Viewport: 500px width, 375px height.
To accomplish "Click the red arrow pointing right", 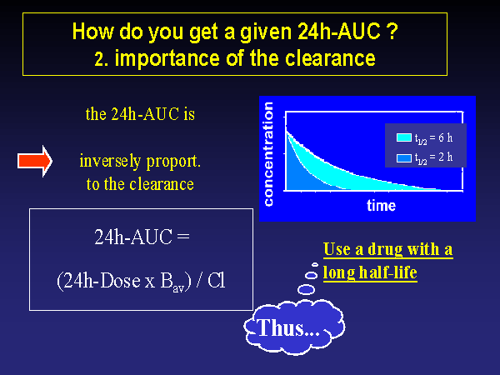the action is coord(35,161).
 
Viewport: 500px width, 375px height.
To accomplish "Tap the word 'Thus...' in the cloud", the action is coord(288,327).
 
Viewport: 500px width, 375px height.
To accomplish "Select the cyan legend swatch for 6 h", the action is coord(403,137).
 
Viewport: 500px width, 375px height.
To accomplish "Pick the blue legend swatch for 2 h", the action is coord(403,157).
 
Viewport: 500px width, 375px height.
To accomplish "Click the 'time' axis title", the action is coord(381,205).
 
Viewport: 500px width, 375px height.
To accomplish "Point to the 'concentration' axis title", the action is coord(268,154).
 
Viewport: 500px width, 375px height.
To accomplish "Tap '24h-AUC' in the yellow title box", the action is coord(339,32).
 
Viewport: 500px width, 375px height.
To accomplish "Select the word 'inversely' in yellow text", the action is coord(110,162).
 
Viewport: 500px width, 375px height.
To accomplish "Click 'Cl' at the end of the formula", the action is coord(216,281).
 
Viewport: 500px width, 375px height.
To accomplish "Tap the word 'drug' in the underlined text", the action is coord(385,250).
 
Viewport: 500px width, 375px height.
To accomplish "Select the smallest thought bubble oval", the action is coord(315,264).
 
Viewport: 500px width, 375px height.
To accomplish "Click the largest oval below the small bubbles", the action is coord(306,289).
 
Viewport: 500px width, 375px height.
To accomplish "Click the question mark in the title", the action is coord(392,31).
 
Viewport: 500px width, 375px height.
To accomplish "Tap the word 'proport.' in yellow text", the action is coord(173,162).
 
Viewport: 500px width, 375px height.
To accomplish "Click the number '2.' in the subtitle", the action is coord(102,59).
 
